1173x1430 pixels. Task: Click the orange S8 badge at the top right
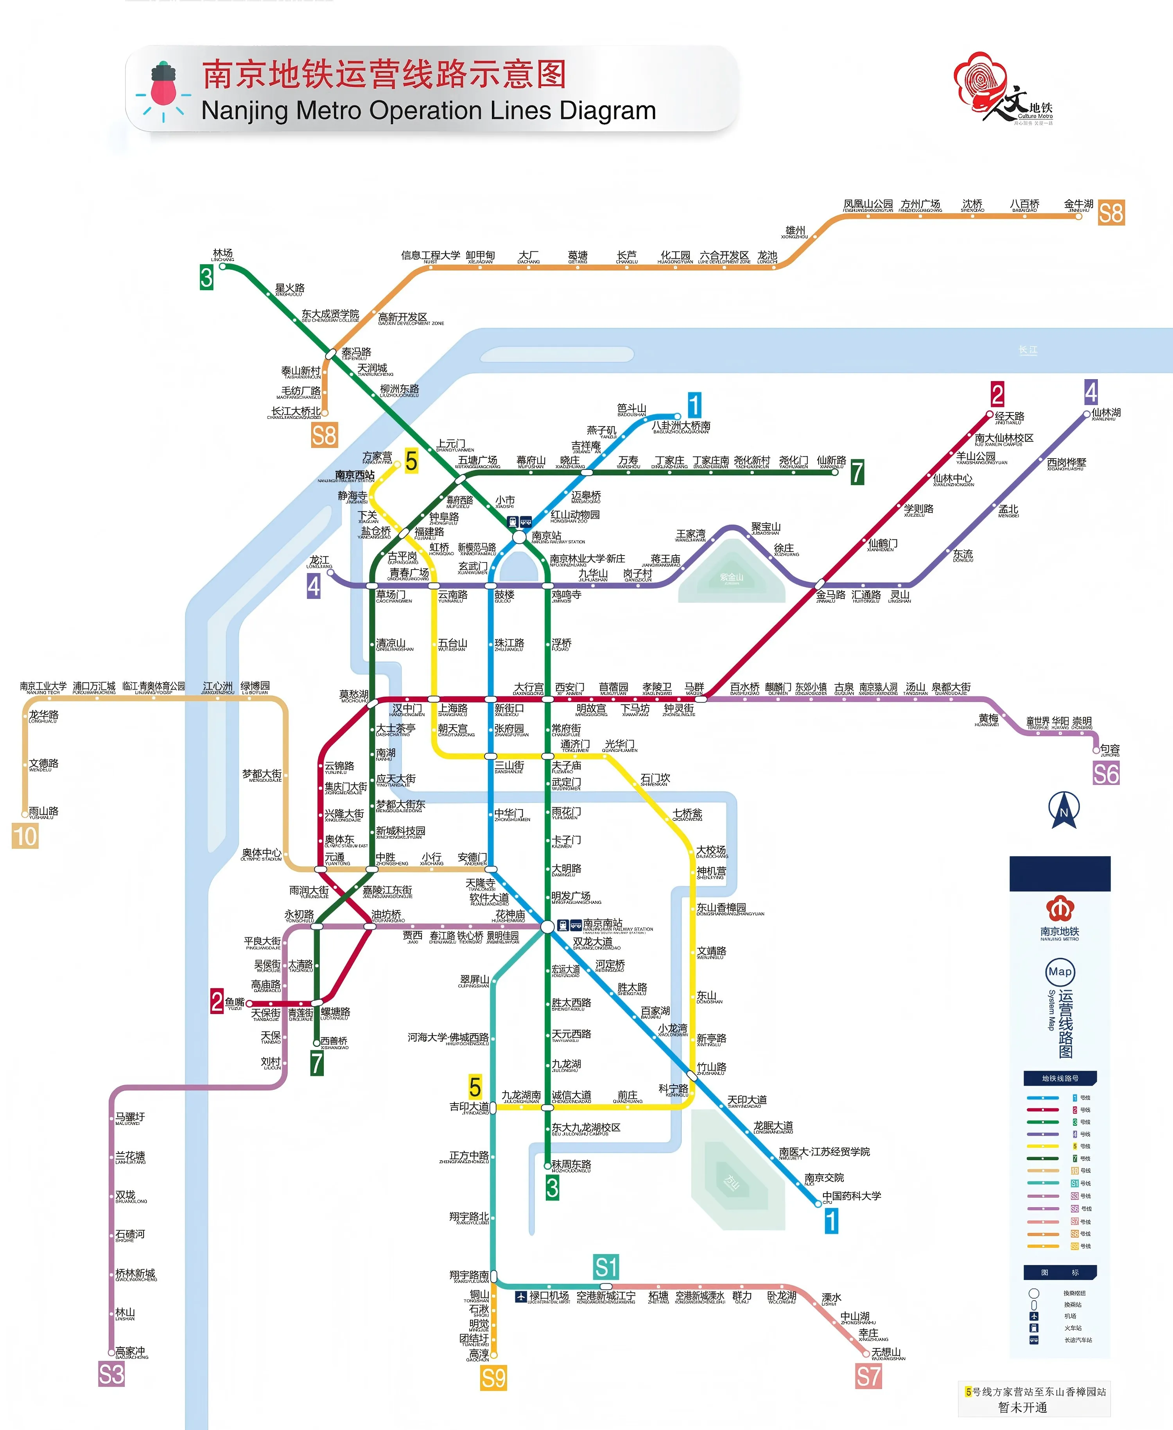click(1111, 213)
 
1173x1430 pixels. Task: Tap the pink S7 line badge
click(868, 1376)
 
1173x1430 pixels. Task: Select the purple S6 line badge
click(1106, 773)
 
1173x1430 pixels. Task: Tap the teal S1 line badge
click(606, 1267)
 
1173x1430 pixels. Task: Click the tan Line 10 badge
click(25, 836)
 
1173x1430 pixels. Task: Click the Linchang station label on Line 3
click(222, 254)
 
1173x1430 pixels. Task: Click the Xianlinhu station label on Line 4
click(1106, 413)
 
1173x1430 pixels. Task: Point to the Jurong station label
click(1110, 749)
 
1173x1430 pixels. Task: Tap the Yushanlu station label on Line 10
click(43, 811)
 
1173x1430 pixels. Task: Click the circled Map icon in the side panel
click(1060, 972)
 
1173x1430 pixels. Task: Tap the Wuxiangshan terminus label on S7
click(886, 1353)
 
